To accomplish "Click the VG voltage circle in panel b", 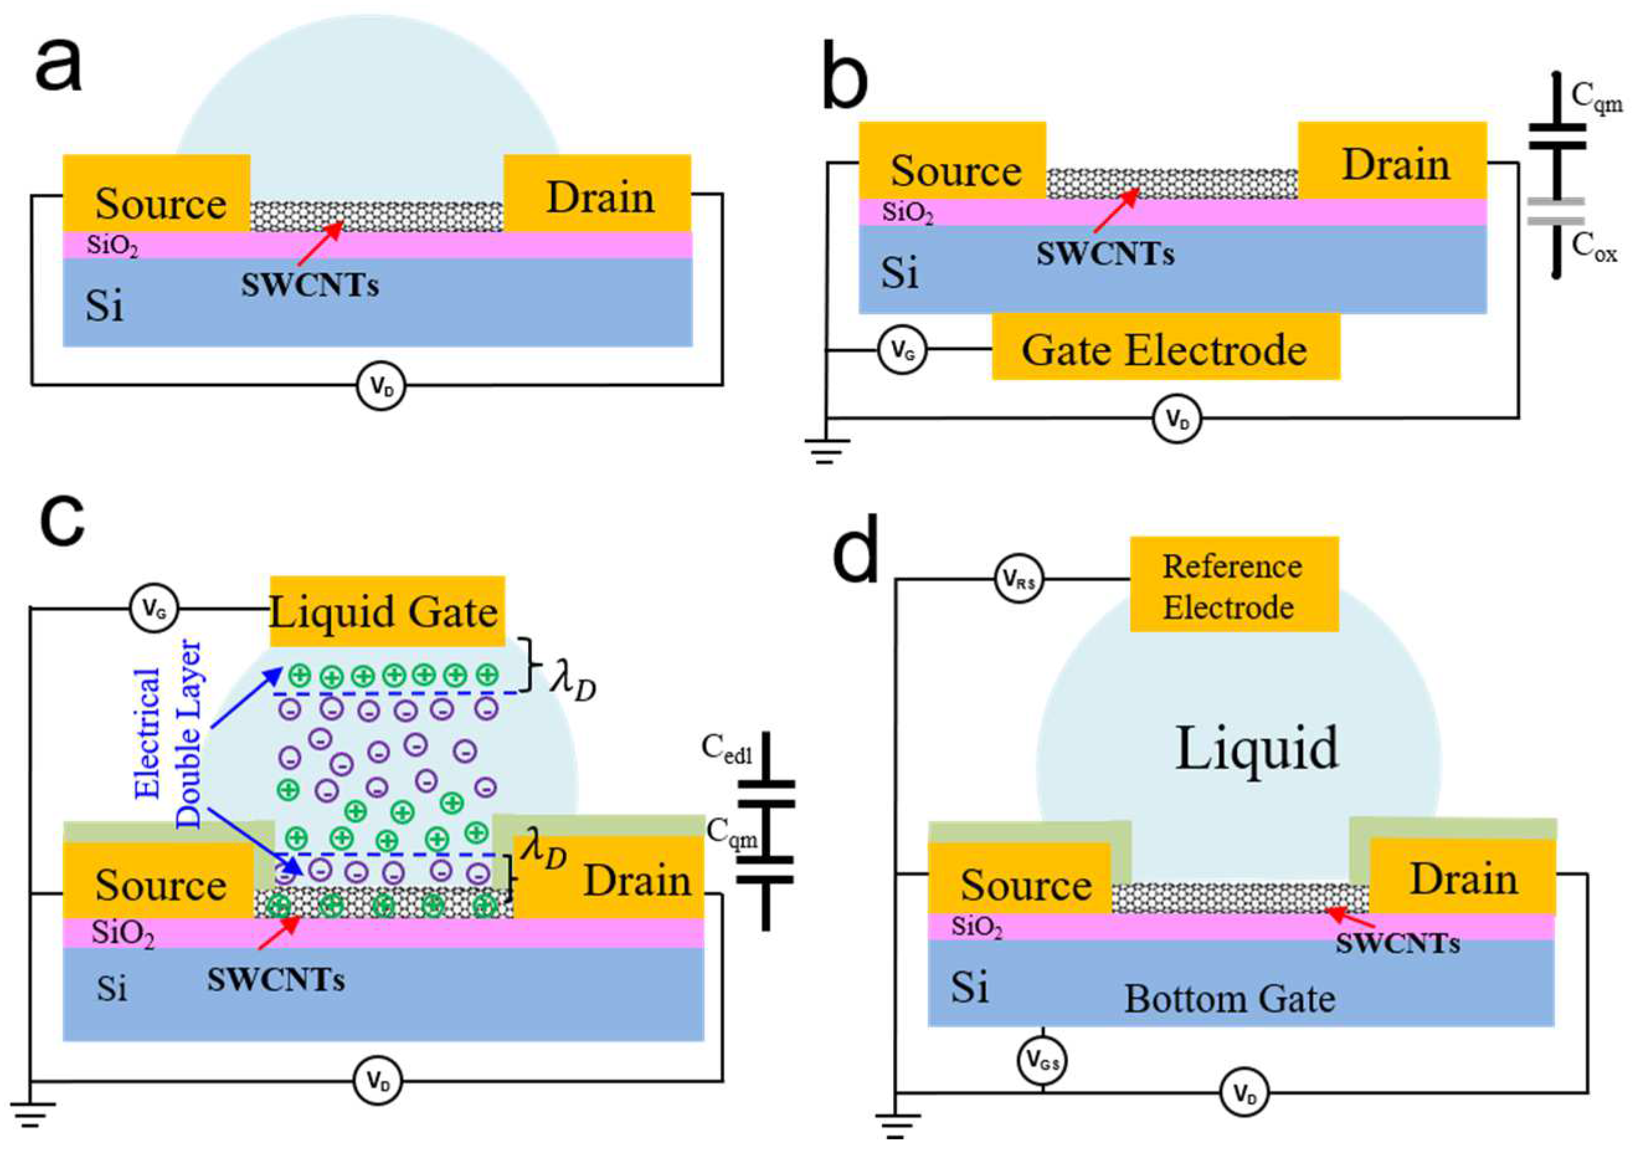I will click(902, 350).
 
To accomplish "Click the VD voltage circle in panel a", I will click(380, 386).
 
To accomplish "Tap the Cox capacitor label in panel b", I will click(1594, 250).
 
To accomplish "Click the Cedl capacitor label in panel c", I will click(726, 749).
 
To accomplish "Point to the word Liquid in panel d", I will click(1256, 749).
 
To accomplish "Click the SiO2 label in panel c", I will click(122, 933).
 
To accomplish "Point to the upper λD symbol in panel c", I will click(572, 682).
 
